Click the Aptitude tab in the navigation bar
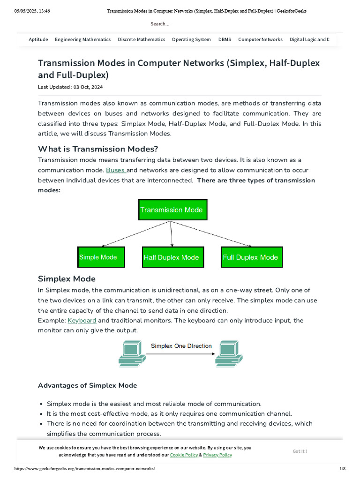click(x=38, y=39)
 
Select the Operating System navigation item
click(x=191, y=39)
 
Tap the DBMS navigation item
click(x=225, y=39)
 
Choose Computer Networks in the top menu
click(x=260, y=39)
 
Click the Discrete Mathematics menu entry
click(x=142, y=39)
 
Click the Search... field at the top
click(x=160, y=23)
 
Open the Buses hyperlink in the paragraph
click(x=115, y=170)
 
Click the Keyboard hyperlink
click(x=82, y=321)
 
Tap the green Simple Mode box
click(x=101, y=257)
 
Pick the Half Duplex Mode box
click(x=172, y=257)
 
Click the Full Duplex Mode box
click(x=252, y=257)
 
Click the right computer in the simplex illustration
click(x=228, y=354)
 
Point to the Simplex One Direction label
click(x=181, y=346)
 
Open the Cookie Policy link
click(x=184, y=455)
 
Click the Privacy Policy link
click(x=217, y=455)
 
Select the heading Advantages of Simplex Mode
click(x=87, y=385)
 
